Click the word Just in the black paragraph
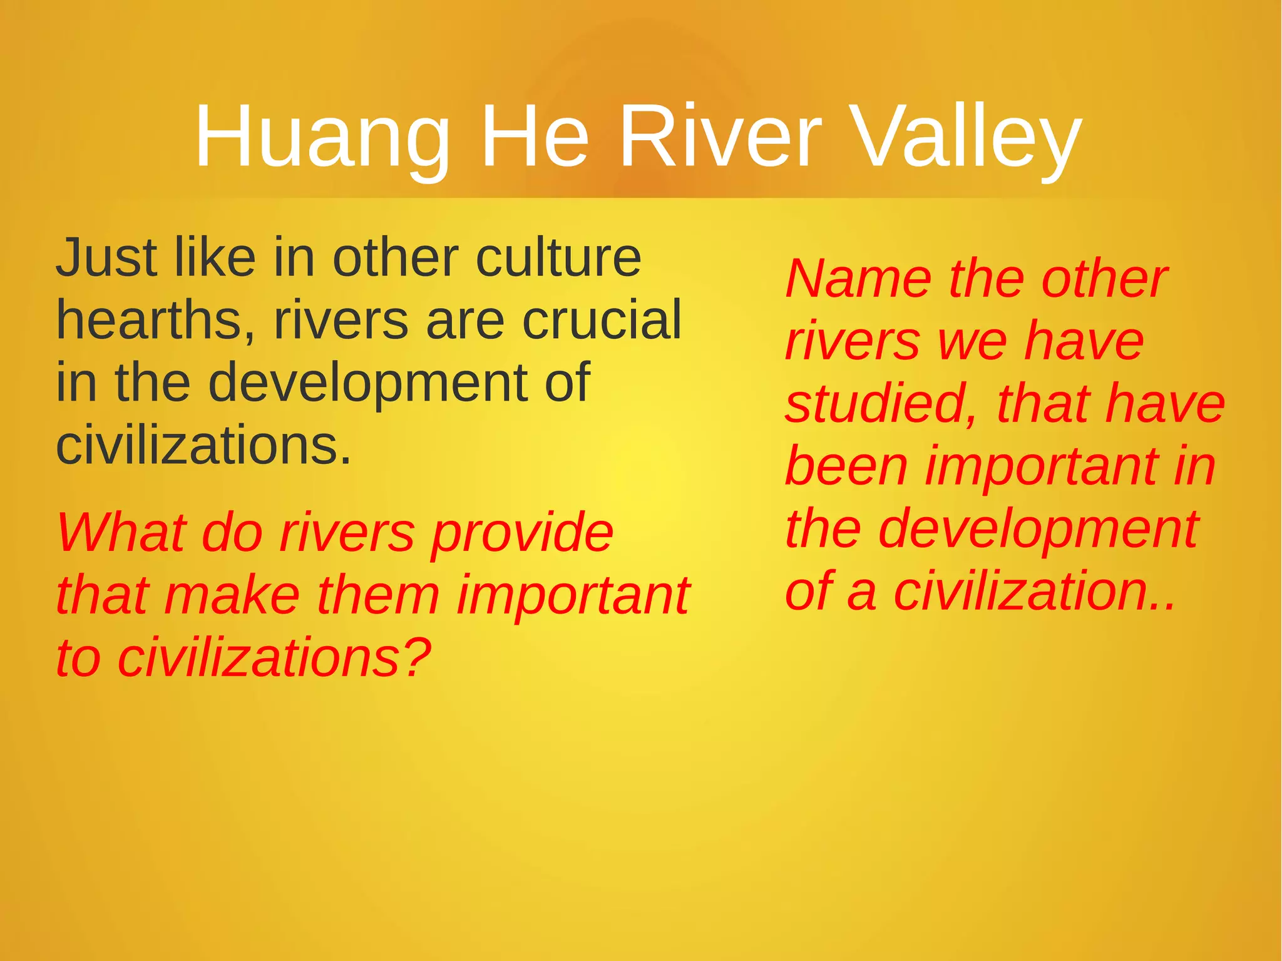point(106,258)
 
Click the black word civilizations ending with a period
point(203,446)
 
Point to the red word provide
point(522,533)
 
